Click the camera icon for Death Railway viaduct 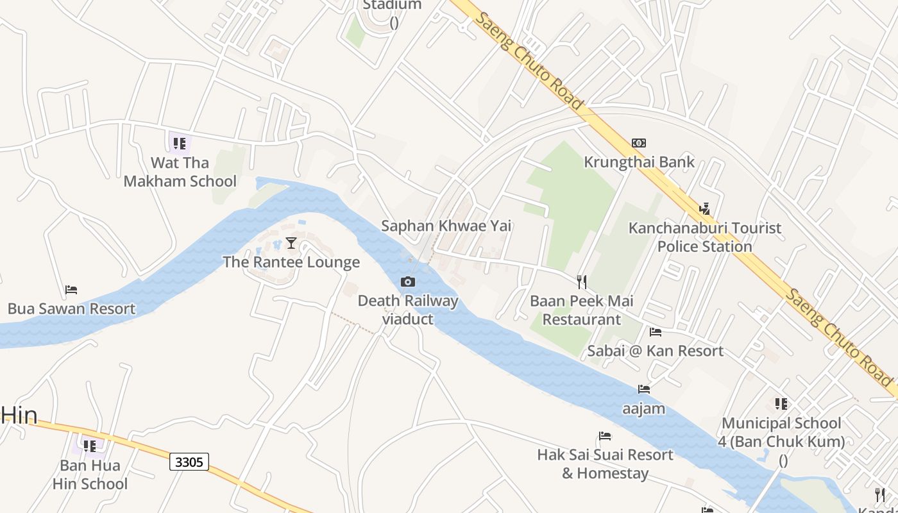pyautogui.click(x=407, y=282)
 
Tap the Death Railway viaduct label pyautogui.click(x=408, y=310)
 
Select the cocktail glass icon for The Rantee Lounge pyautogui.click(x=291, y=242)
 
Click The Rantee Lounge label pyautogui.click(x=291, y=262)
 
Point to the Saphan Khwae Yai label pyautogui.click(x=446, y=226)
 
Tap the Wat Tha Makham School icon pyautogui.click(x=180, y=143)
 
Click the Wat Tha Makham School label pyautogui.click(x=180, y=172)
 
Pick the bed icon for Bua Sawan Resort pyautogui.click(x=71, y=290)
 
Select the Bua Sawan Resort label pyautogui.click(x=71, y=309)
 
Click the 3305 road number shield pyautogui.click(x=190, y=462)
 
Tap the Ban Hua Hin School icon pyautogui.click(x=90, y=445)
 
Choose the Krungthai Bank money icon pyautogui.click(x=639, y=142)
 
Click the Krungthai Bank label pyautogui.click(x=639, y=162)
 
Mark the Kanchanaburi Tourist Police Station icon pyautogui.click(x=705, y=208)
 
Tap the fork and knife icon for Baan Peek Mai pyautogui.click(x=582, y=282)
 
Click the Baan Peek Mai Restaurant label pyautogui.click(x=582, y=310)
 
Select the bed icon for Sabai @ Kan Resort pyautogui.click(x=656, y=332)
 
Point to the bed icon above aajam pyautogui.click(x=644, y=389)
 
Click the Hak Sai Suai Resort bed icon pyautogui.click(x=605, y=436)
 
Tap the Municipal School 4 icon pyautogui.click(x=781, y=403)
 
